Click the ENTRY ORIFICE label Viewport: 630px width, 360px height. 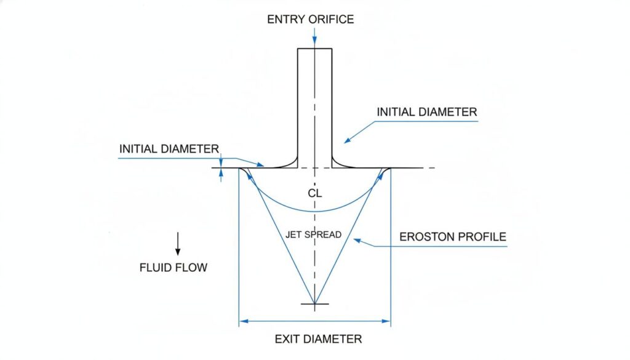310,19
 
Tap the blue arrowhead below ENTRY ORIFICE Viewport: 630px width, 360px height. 314,43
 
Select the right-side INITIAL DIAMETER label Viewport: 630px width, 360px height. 426,112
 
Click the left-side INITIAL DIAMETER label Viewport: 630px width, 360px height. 169,149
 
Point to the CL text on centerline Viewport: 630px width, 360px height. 314,193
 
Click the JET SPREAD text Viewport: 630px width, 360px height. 314,234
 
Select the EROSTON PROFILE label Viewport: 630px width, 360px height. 452,237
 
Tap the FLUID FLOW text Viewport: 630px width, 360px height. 173,268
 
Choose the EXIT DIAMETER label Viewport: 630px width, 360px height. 314,338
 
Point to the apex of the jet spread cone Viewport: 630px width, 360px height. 314,303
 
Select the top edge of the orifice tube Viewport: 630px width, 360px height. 315,49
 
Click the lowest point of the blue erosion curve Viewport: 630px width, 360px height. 315,211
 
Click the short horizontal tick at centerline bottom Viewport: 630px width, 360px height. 314,304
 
